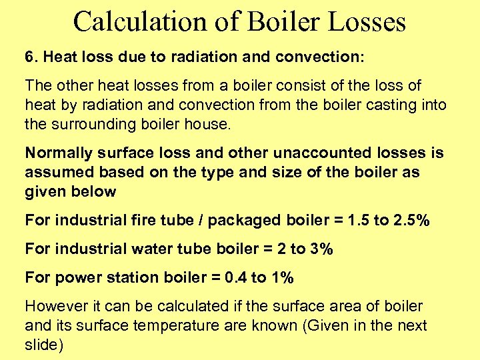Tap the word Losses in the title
click(x=365, y=21)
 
